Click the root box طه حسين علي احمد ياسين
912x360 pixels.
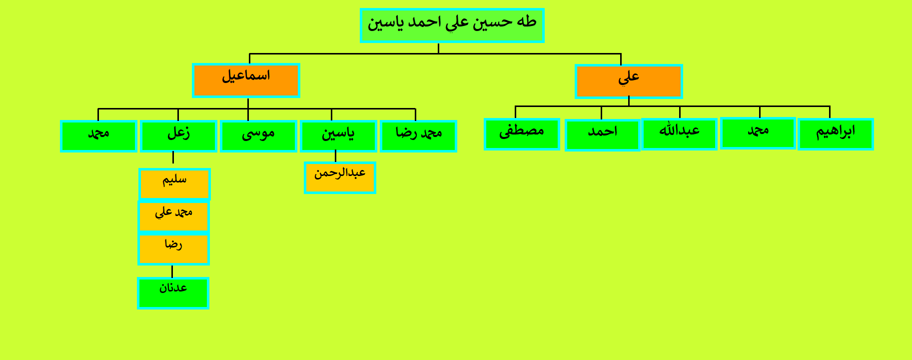pos(452,25)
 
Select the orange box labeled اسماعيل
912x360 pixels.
pos(246,80)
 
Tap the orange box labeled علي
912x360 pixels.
pos(629,81)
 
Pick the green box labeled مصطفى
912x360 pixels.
pos(522,134)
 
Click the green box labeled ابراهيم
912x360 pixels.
pos(836,134)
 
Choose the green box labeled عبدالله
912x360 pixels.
pos(679,134)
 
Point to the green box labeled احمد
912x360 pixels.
pos(602,135)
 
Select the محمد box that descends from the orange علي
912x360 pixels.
pos(758,133)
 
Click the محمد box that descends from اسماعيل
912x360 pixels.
pos(98,136)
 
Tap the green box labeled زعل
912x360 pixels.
pos(178,136)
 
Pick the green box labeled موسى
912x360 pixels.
pos(258,136)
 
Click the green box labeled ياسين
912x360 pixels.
pos(338,136)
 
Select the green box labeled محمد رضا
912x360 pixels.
pos(418,136)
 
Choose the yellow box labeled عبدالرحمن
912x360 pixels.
pos(340,177)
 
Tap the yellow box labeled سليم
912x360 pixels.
pos(174,184)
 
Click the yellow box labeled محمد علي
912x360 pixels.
pos(173,216)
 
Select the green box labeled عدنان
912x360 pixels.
pos(173,293)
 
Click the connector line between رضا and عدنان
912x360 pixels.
pos(172,271)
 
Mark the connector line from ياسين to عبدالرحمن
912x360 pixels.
pos(335,156)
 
